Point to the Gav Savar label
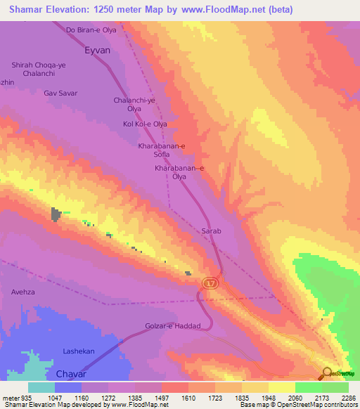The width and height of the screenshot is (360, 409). coord(60,93)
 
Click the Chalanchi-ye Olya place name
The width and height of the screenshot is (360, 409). coord(134,105)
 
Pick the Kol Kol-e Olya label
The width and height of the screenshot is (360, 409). coord(146,124)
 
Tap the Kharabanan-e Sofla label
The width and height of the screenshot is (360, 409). coord(162,150)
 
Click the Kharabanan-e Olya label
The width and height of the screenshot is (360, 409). coord(179,173)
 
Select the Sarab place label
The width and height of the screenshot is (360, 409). coord(212,231)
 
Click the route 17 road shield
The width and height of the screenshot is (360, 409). coord(210,283)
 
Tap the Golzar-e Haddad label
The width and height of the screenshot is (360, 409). coord(174,326)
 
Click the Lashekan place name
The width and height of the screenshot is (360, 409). coord(79,351)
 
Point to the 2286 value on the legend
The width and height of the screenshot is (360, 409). coord(347,398)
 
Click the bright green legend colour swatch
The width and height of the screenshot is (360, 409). coord(308,387)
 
